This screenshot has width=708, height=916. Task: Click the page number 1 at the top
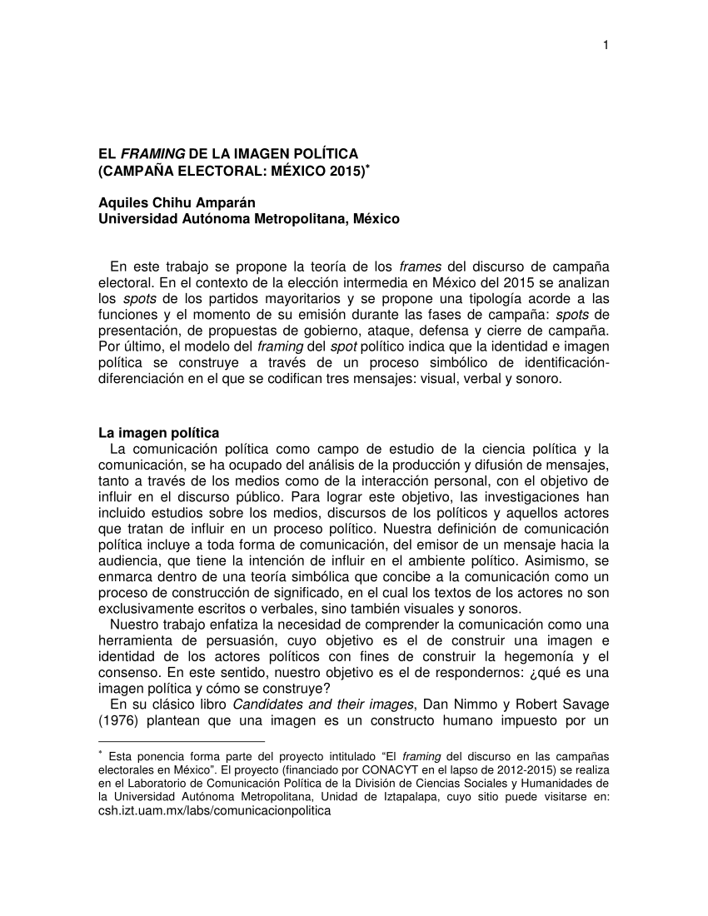pyautogui.click(x=606, y=45)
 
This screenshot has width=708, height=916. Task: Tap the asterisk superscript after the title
pyautogui.click(x=368, y=167)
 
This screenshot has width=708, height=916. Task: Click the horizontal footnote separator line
pyautogui.click(x=181, y=740)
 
